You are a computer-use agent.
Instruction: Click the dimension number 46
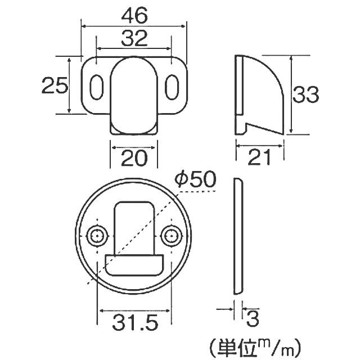click(x=134, y=16)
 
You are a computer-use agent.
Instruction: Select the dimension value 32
click(x=134, y=38)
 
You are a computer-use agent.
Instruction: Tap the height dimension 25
click(x=55, y=85)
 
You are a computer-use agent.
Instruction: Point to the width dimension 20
click(x=134, y=158)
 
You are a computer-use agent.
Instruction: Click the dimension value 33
click(x=305, y=94)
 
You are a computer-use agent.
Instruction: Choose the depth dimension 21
click(x=259, y=158)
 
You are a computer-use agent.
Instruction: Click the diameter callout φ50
click(x=196, y=179)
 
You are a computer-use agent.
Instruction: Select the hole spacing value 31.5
click(x=135, y=322)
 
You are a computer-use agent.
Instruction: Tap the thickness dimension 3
click(x=253, y=318)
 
